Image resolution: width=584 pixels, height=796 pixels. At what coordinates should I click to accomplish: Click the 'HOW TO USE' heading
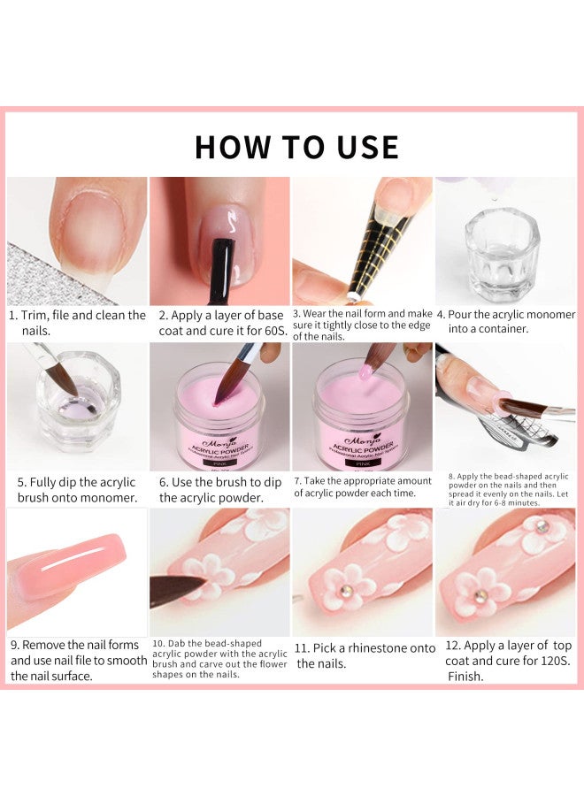click(x=296, y=147)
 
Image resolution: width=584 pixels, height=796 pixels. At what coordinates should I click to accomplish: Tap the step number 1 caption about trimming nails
click(x=77, y=322)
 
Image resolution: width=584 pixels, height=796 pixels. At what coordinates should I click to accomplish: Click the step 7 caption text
click(x=362, y=487)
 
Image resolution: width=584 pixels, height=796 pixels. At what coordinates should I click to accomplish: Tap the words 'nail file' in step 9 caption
click(x=96, y=661)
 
